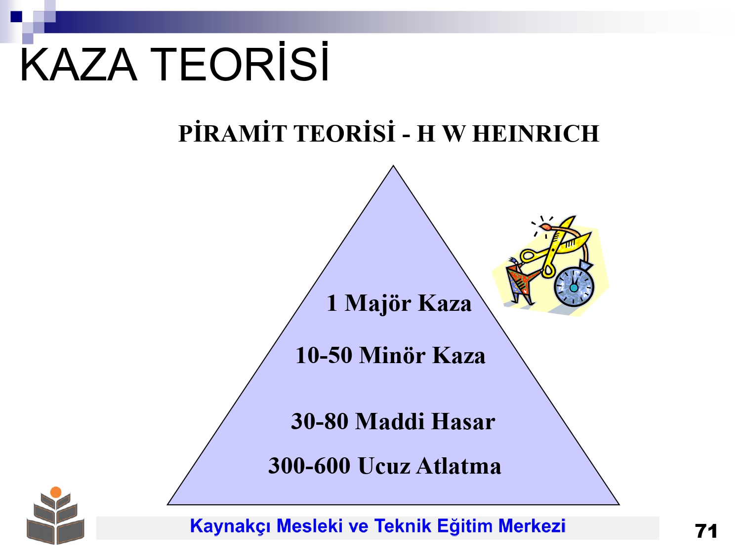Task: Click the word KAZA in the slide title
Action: pos(79,64)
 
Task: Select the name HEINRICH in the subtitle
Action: pos(536,134)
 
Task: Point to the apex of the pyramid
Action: pos(393,165)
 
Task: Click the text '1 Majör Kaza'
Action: pos(399,303)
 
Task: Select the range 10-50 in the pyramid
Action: pos(324,355)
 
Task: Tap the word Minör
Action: pos(392,355)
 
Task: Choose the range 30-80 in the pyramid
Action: pos(319,421)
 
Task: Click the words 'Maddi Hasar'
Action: pos(425,421)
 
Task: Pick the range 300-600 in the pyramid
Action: pos(309,466)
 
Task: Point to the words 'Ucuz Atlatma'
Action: pos(430,466)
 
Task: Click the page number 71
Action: pos(706,531)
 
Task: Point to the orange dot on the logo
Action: pos(56,492)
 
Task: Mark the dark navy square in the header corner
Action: pos(16,16)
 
